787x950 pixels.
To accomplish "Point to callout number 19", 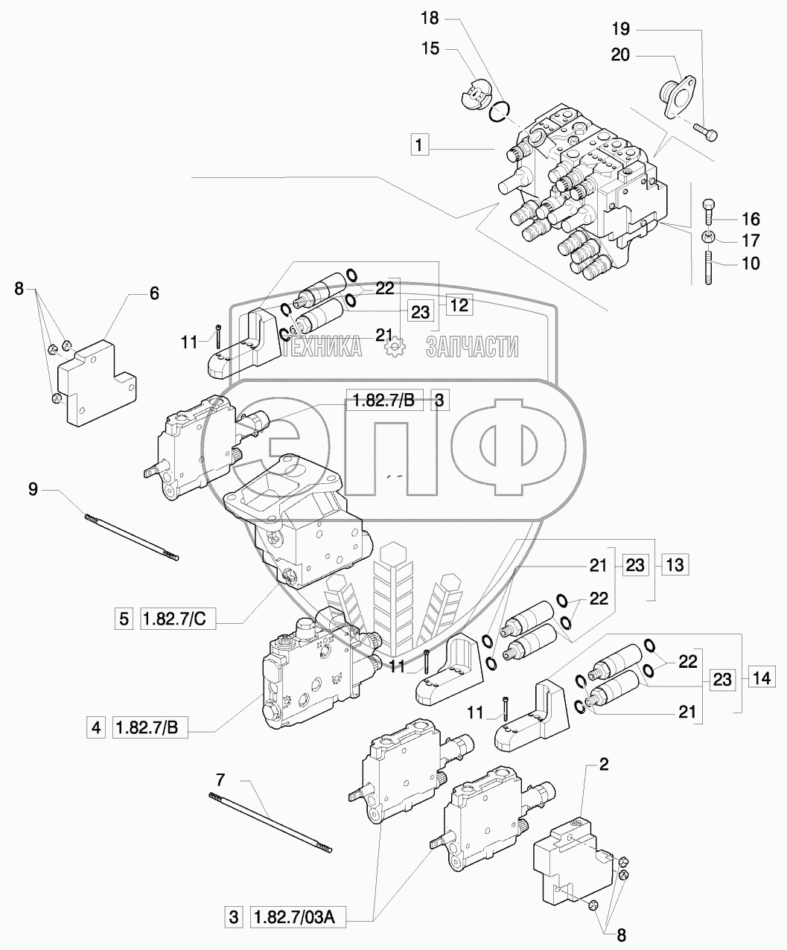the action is coord(621,30).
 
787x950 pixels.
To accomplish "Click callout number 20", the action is coord(621,54).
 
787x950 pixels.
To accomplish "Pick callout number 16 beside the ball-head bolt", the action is coord(750,219).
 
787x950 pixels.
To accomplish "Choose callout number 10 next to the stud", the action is coord(750,264).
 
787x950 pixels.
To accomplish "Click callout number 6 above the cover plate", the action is coord(153,294).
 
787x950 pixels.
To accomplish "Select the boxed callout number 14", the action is coord(759,678).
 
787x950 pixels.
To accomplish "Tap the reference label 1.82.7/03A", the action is coord(295,918).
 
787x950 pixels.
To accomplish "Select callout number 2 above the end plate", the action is coord(604,765).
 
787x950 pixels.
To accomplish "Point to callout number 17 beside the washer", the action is coord(750,241).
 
